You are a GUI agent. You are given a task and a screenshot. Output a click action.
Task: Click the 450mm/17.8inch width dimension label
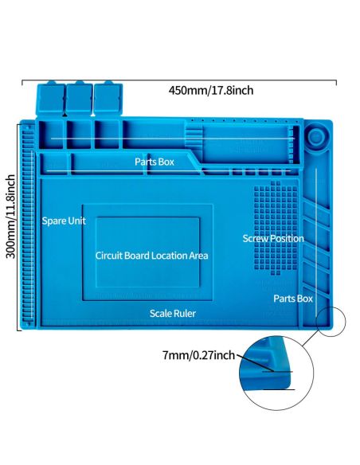(x=211, y=90)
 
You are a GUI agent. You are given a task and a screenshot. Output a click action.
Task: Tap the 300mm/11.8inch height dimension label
(x=11, y=217)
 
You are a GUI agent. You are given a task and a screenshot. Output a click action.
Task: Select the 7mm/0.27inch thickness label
(x=198, y=355)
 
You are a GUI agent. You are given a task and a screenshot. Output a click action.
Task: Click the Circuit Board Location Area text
(x=151, y=256)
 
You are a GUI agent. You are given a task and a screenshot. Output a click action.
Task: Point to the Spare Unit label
(x=64, y=221)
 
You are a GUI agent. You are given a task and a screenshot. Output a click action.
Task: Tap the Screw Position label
(x=273, y=238)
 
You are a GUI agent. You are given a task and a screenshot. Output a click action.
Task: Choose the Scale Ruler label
(x=173, y=314)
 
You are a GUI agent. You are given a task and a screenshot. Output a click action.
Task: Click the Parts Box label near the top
(x=155, y=162)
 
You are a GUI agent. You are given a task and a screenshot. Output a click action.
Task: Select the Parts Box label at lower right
(x=293, y=299)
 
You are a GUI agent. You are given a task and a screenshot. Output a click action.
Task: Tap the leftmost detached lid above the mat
(x=50, y=98)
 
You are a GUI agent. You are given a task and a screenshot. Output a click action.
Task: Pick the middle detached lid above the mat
(x=79, y=98)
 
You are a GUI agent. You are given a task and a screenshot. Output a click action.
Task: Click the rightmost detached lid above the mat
(x=108, y=98)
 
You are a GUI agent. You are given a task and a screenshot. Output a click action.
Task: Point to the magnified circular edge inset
(x=276, y=373)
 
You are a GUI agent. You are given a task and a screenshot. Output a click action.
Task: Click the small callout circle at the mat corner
(x=331, y=322)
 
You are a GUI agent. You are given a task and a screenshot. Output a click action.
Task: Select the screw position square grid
(x=276, y=228)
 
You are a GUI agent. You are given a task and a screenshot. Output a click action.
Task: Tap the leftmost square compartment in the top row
(x=51, y=134)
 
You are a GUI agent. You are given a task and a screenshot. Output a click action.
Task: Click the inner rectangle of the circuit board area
(x=147, y=252)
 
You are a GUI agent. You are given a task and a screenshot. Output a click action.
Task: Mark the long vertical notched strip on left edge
(x=28, y=226)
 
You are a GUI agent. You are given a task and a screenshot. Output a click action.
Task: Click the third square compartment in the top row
(x=107, y=134)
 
